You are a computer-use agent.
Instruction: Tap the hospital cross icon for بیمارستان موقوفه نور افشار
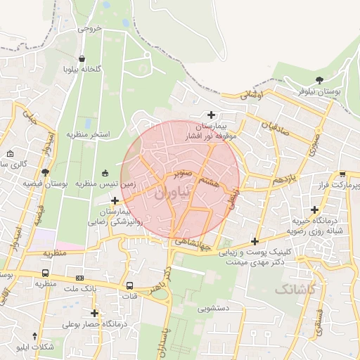(211, 115)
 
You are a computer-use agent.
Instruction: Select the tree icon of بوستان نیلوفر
(320, 80)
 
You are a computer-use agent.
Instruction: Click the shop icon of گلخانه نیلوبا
(83, 59)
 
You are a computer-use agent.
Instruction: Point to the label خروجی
(89, 29)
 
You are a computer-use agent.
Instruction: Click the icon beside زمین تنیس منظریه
(105, 173)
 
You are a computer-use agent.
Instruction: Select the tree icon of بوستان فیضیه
(46, 172)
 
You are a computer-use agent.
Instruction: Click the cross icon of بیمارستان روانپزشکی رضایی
(115, 201)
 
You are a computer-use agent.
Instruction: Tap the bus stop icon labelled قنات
(129, 286)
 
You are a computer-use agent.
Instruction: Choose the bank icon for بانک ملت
(79, 278)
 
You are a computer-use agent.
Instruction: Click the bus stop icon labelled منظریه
(46, 274)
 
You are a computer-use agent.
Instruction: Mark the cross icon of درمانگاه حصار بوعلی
(94, 313)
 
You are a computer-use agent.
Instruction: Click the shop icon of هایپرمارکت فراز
(342, 174)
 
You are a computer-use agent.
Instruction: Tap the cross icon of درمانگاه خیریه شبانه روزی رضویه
(314, 209)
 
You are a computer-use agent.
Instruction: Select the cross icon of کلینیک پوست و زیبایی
(254, 241)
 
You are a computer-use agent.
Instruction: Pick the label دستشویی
(212, 307)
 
